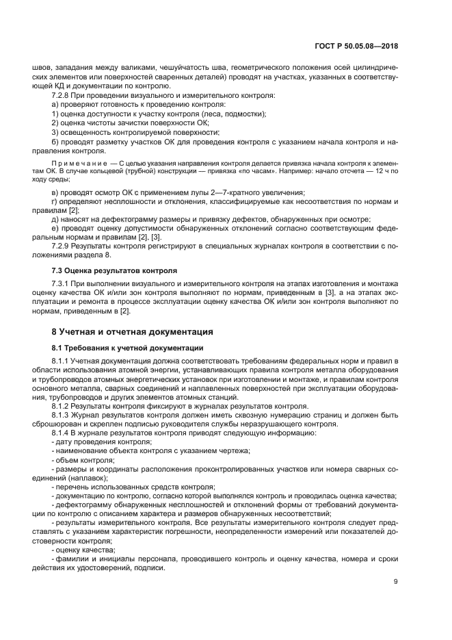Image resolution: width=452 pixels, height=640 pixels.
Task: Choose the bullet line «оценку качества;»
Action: (x=85, y=549)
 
